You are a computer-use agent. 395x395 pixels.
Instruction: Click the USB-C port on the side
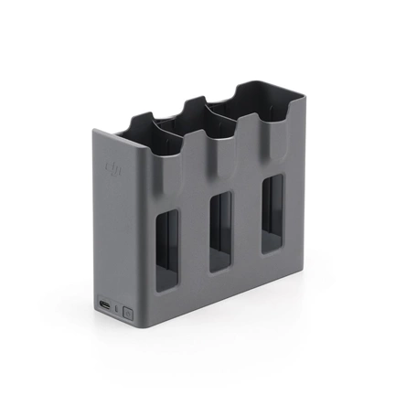(x=105, y=305)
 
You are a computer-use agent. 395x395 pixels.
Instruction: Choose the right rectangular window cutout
(x=272, y=214)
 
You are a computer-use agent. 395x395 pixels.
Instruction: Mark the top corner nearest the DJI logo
(x=95, y=131)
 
